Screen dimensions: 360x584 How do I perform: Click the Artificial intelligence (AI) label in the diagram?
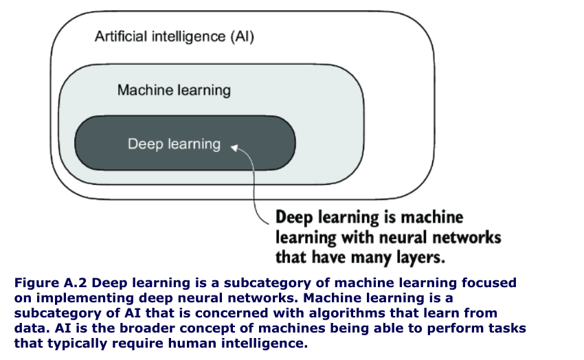pos(175,36)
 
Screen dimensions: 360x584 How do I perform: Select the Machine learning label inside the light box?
pos(174,90)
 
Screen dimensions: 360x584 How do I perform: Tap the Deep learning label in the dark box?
pos(174,144)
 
